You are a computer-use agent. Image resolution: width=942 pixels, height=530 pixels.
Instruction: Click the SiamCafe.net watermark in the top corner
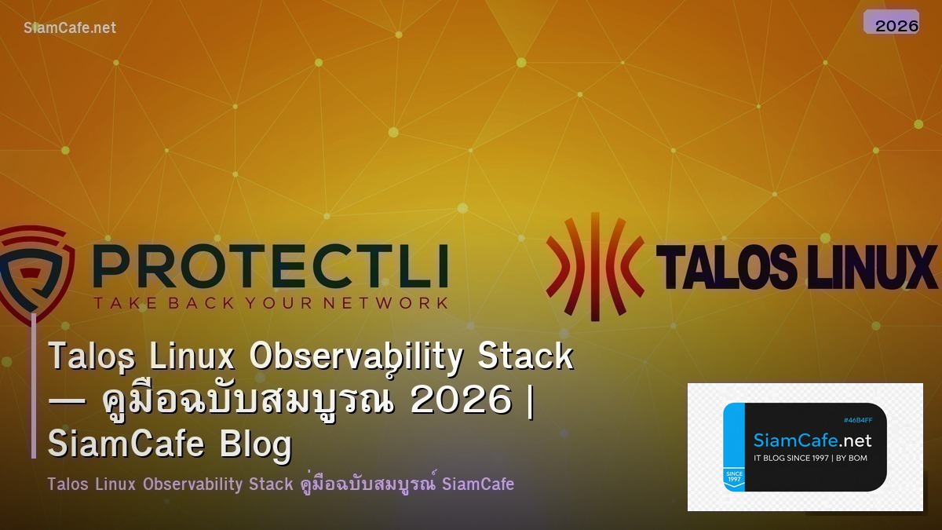click(70, 27)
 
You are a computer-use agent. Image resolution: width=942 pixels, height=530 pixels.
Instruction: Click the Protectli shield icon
click(35, 271)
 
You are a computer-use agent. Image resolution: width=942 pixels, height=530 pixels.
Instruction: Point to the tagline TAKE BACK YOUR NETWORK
click(270, 302)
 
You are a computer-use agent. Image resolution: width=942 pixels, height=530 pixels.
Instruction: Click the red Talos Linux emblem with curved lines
click(594, 265)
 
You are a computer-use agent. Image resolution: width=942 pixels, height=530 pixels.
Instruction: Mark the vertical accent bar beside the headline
click(34, 385)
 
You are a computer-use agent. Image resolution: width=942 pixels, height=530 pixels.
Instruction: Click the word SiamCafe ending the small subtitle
click(478, 484)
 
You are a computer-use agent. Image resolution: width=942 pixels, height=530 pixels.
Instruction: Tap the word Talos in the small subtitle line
click(68, 484)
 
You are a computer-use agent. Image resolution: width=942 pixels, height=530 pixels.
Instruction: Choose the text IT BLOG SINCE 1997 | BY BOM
click(810, 458)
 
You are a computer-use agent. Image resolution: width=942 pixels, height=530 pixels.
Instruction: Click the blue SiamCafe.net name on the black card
click(812, 440)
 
